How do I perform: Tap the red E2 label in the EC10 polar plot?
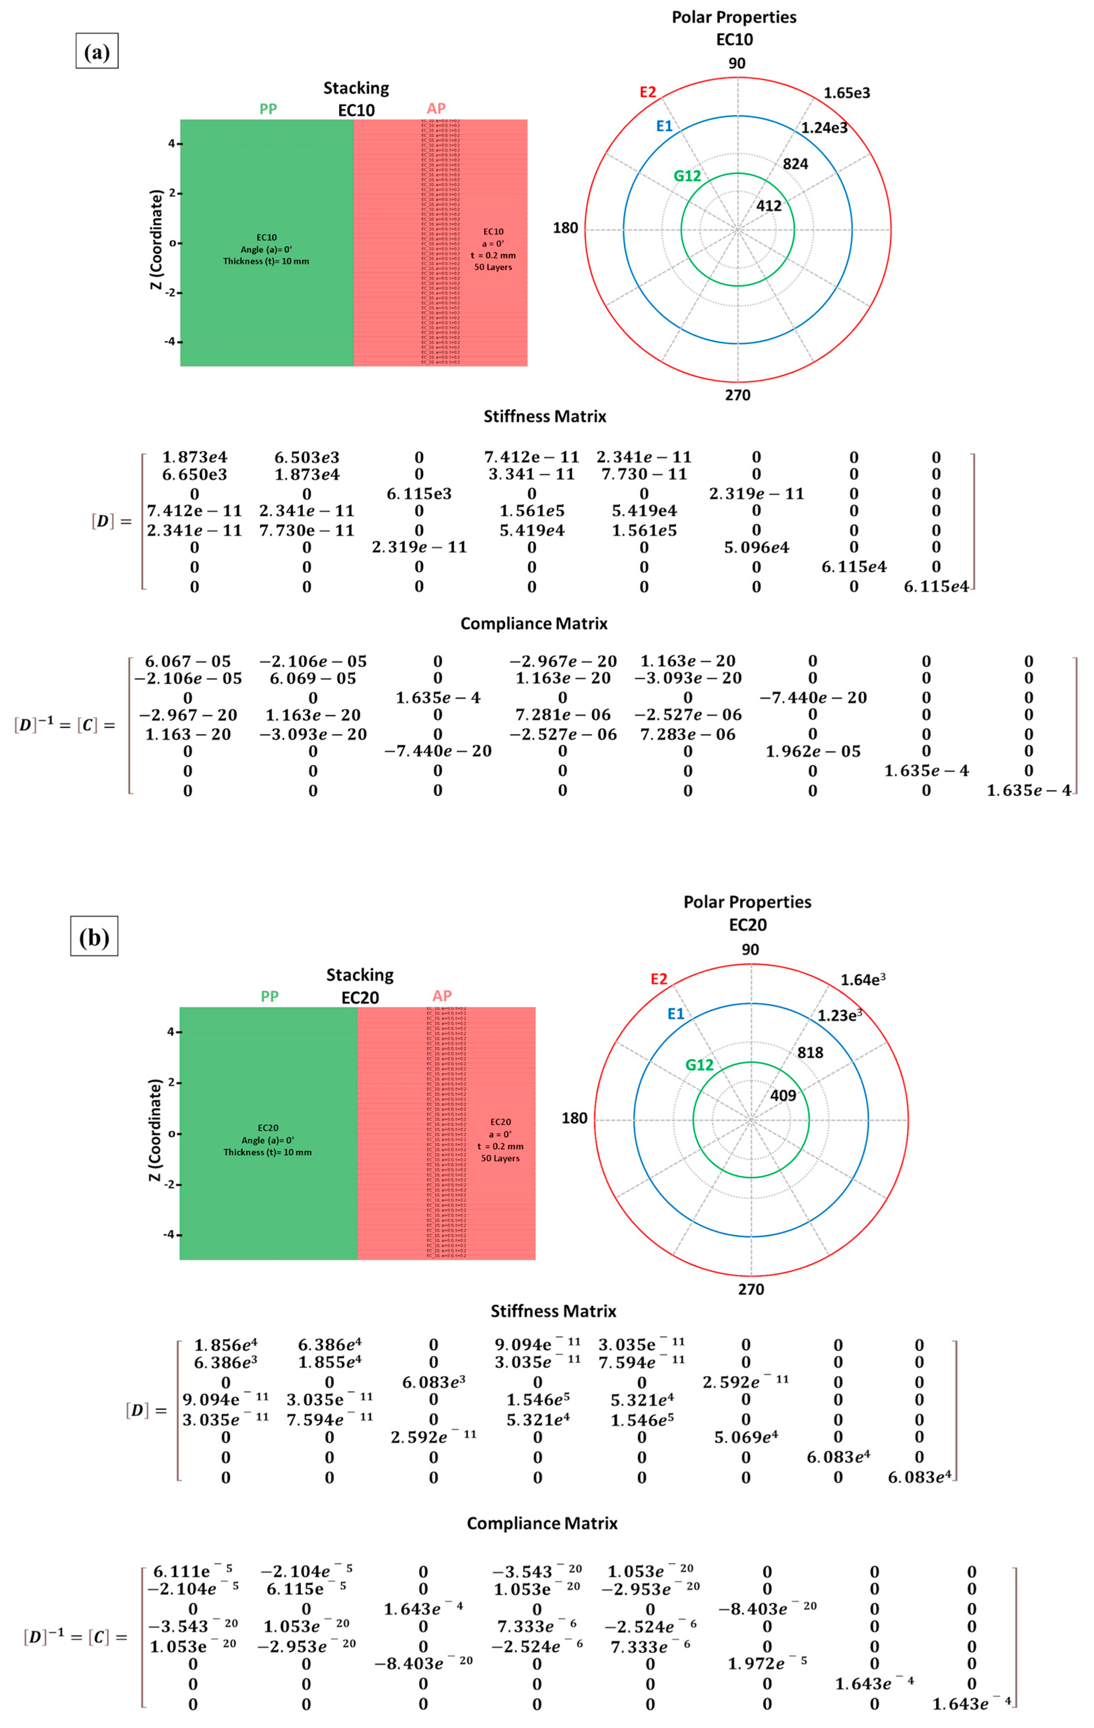647,92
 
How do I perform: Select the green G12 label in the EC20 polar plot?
699,1065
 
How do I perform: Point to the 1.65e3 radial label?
846,93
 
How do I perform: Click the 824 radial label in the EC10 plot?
795,164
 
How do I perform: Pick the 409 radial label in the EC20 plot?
783,1096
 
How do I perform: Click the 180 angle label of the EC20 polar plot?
574,1118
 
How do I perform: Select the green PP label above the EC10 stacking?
268,109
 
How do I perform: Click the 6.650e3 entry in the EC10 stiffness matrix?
194,474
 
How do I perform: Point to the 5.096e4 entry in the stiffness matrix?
756,548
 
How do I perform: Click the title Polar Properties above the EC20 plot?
747,902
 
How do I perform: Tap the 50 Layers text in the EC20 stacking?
500,1158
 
